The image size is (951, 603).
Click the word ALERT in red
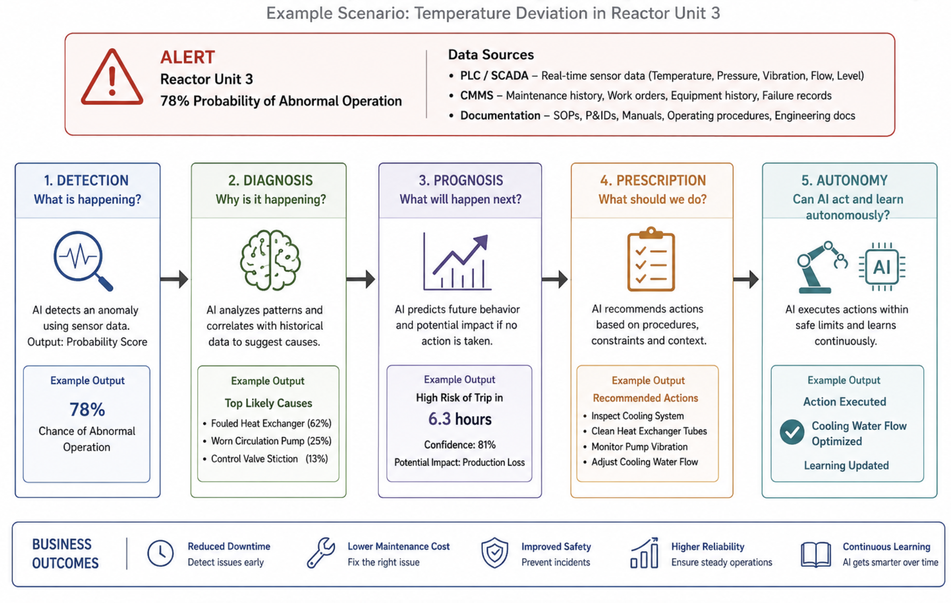[188, 57]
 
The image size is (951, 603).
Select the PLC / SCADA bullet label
[494, 76]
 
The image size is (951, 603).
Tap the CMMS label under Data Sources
[476, 96]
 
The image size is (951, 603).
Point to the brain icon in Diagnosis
[270, 260]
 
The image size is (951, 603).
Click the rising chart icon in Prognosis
[457, 262]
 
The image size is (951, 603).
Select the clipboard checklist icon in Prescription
[651, 259]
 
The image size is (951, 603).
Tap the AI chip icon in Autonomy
[882, 267]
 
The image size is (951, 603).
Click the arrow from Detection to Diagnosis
[174, 279]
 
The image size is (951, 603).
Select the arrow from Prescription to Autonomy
[746, 279]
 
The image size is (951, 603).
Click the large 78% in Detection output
[87, 409]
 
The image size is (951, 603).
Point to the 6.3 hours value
[460, 419]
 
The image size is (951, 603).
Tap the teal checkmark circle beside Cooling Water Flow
[792, 432]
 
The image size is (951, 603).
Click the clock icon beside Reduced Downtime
[160, 553]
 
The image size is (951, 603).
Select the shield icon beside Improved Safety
[494, 553]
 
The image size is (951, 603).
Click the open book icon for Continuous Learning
[816, 554]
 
